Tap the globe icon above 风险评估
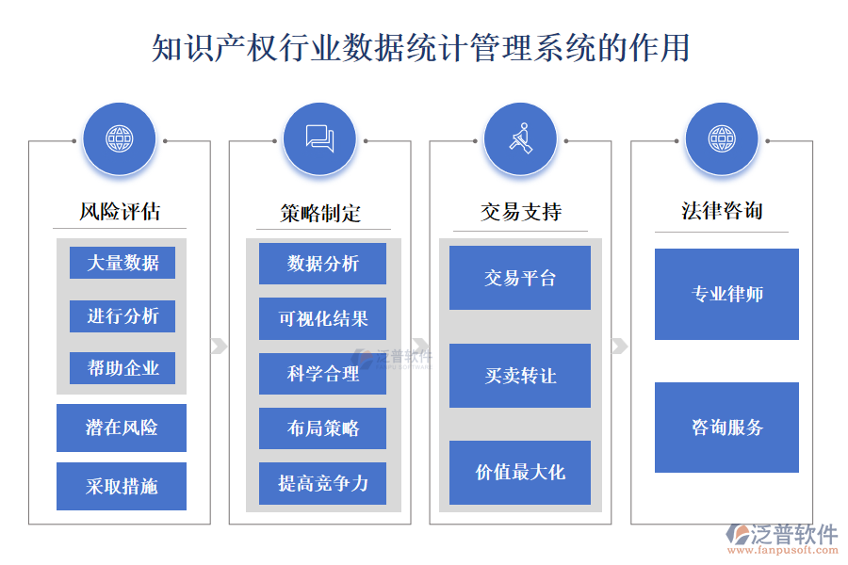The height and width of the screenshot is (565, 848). pyautogui.click(x=119, y=139)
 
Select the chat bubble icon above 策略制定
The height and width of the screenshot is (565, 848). pyautogui.click(x=319, y=139)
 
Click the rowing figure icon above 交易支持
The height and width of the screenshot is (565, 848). pyautogui.click(x=520, y=139)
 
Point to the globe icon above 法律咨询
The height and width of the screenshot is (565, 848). pyautogui.click(x=721, y=139)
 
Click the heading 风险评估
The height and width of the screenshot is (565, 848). pyautogui.click(x=119, y=211)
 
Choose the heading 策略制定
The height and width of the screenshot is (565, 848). pyautogui.click(x=320, y=213)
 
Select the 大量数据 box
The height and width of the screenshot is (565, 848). pyautogui.click(x=122, y=263)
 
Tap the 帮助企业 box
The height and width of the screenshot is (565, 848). pyautogui.click(x=122, y=367)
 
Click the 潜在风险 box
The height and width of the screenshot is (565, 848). pyautogui.click(x=122, y=428)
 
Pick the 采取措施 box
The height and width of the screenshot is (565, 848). pyautogui.click(x=122, y=486)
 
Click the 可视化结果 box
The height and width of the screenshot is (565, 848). pyautogui.click(x=322, y=318)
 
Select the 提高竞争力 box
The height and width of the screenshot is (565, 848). pyautogui.click(x=322, y=483)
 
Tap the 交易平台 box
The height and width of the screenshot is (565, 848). pyautogui.click(x=520, y=278)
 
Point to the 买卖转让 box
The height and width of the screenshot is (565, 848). pyautogui.click(x=520, y=376)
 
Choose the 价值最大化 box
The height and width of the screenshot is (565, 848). pyautogui.click(x=520, y=472)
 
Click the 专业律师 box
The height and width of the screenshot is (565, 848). pyautogui.click(x=726, y=294)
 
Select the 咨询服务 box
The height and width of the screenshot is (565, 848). pyautogui.click(x=726, y=427)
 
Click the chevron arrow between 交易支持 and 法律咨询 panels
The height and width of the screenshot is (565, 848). pyautogui.click(x=619, y=346)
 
